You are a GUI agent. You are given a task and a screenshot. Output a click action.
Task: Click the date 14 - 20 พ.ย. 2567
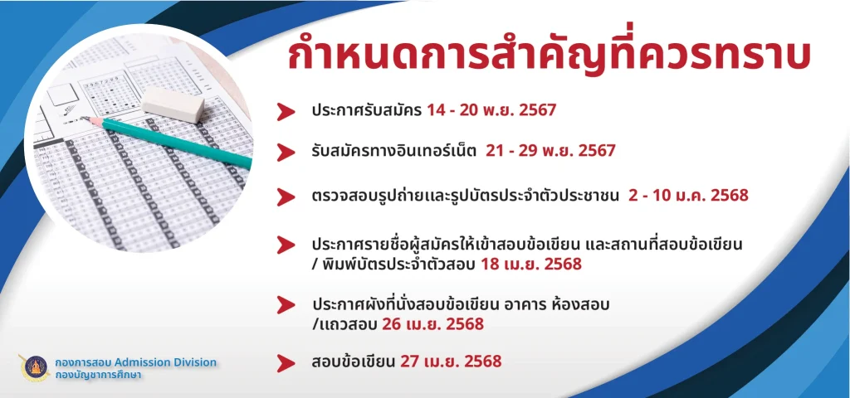(491, 110)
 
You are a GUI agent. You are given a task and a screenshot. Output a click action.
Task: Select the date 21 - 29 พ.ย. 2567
(550, 151)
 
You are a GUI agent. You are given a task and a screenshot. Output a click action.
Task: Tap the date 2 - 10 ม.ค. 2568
(688, 196)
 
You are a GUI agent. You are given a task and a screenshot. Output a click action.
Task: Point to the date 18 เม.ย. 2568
(530, 265)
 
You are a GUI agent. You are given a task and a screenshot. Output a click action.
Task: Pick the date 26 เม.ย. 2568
(432, 324)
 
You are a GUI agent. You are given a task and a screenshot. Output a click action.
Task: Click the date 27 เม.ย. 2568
(451, 362)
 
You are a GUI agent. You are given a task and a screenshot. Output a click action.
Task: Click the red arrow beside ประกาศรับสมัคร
(286, 111)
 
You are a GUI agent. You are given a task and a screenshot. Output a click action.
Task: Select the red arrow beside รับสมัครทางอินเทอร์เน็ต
(286, 152)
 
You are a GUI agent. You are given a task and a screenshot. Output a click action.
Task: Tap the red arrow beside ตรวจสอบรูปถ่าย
(286, 197)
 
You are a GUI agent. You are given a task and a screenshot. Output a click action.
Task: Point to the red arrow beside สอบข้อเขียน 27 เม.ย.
(286, 363)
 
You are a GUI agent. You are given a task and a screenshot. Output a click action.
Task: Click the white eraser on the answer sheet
(173, 104)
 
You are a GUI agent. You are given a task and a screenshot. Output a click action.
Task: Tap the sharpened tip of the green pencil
(84, 118)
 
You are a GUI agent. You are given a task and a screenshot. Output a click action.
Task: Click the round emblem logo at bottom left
(35, 367)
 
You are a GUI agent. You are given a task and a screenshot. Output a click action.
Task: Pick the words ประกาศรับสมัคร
(366, 111)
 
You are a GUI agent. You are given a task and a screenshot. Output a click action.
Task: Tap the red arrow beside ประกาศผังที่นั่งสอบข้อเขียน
(286, 305)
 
